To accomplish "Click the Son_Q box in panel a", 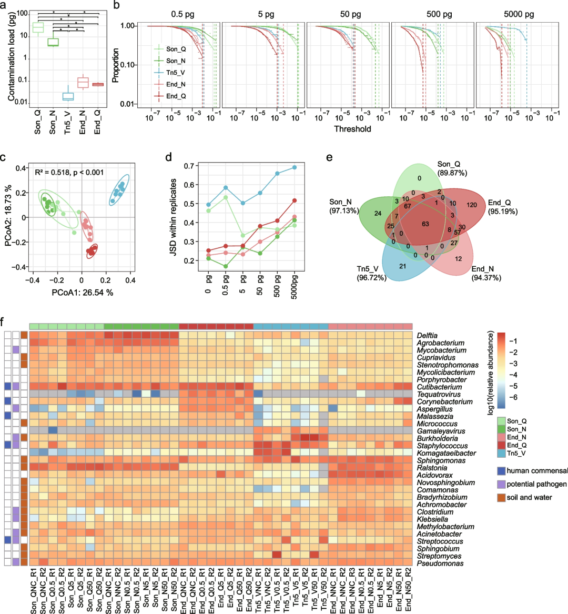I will [38, 28].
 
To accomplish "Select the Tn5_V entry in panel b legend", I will [176, 73].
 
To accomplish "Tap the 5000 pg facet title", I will [519, 14].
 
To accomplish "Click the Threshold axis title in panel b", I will [352, 129].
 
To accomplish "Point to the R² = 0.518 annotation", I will [69, 173].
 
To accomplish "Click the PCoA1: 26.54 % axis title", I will [82, 293].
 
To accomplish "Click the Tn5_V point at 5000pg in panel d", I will [295, 167].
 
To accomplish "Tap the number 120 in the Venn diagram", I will [472, 205].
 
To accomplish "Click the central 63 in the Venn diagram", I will [425, 224].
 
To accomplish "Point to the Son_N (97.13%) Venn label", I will [344, 206].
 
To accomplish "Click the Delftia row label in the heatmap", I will [428, 336].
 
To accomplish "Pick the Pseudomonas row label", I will [440, 563].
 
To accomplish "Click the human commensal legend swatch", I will [500, 471].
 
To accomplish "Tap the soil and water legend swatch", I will [500, 497].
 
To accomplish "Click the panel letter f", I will [4, 321].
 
